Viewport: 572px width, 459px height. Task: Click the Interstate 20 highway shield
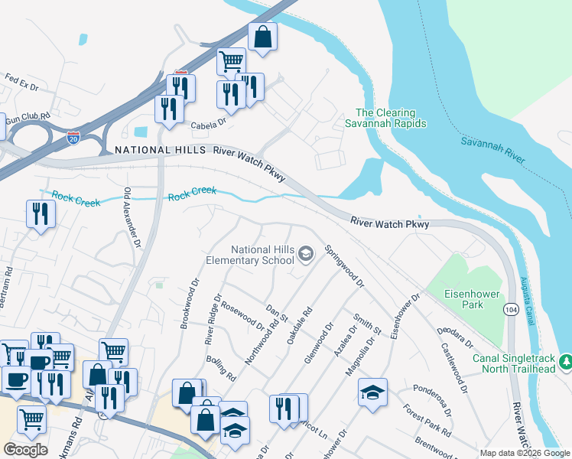click(x=73, y=138)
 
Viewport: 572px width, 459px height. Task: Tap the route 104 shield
click(x=512, y=309)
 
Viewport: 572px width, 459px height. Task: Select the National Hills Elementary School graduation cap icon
click(x=306, y=254)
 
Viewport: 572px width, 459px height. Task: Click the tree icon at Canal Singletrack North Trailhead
click(x=565, y=360)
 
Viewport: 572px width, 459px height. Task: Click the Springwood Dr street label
click(x=343, y=265)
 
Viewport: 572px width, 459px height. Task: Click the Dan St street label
click(x=275, y=313)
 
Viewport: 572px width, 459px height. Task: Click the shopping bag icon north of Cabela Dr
click(x=262, y=37)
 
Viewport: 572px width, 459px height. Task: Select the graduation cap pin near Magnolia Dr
click(x=373, y=392)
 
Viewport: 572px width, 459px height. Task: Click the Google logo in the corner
click(x=25, y=450)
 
